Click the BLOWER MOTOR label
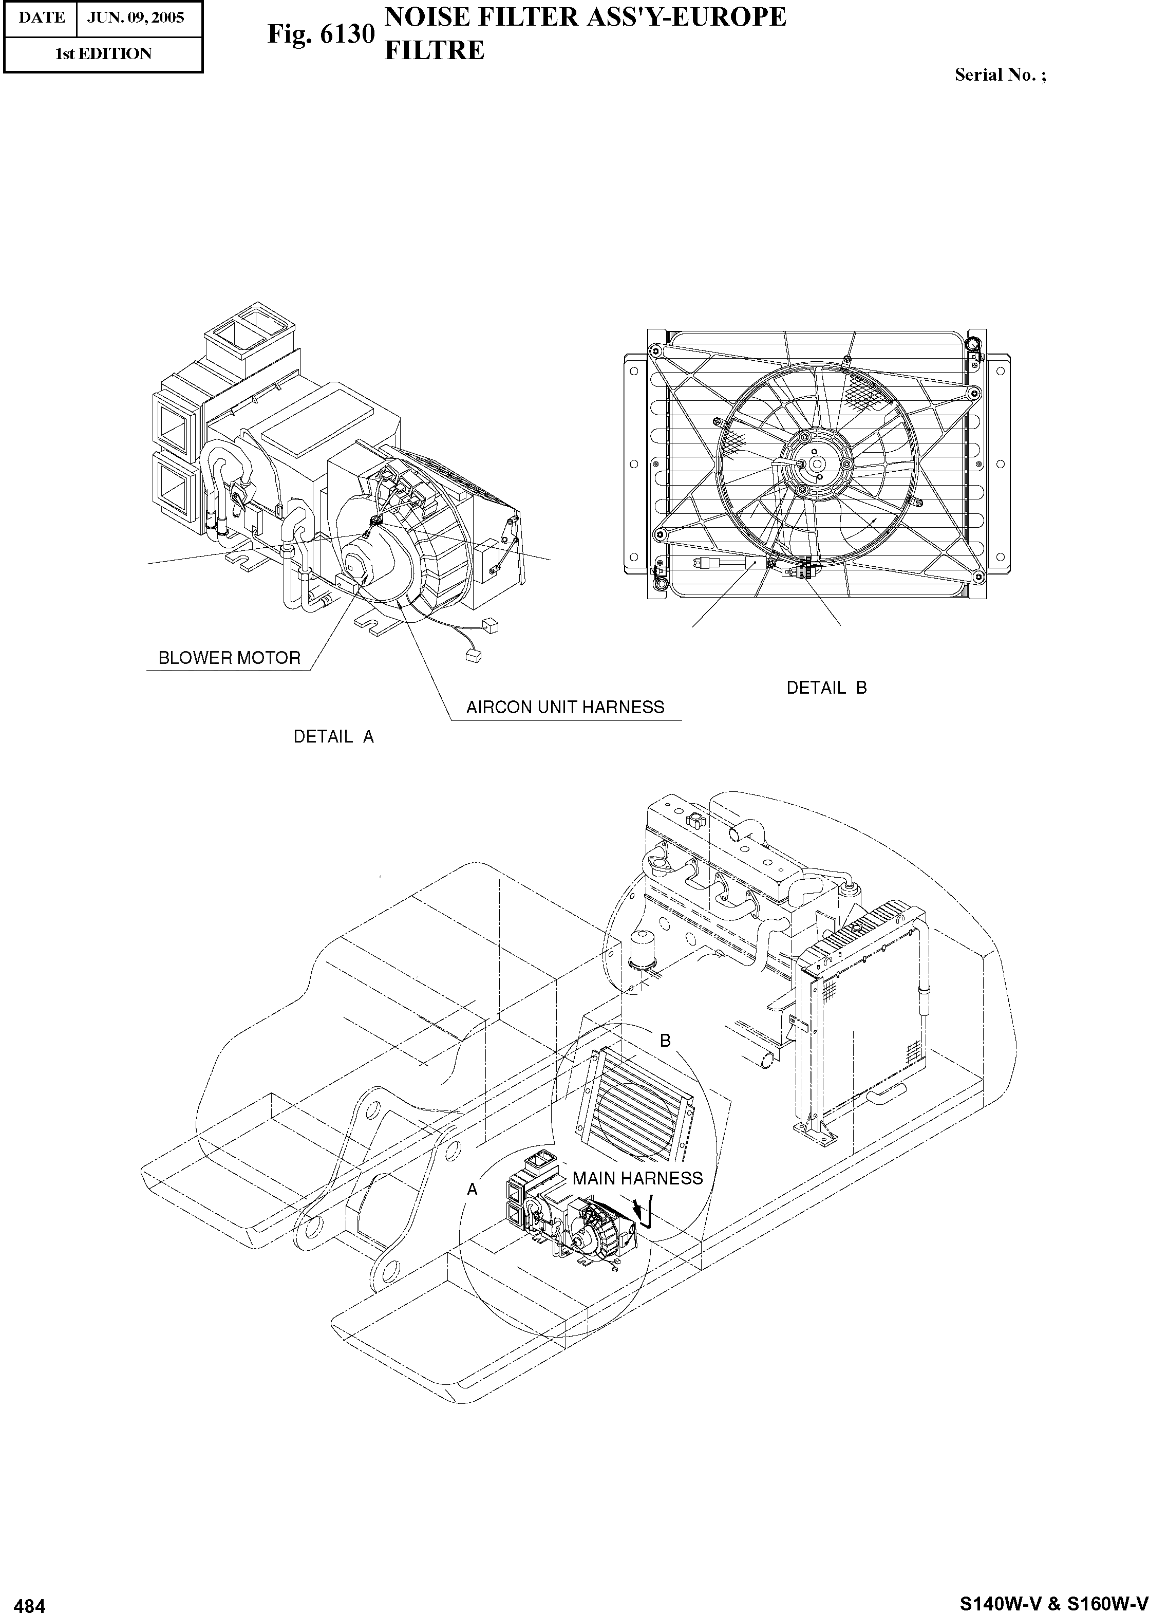coord(229,658)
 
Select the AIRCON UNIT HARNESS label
coord(564,708)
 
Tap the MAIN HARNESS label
coord(637,1178)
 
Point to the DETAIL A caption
coord(333,737)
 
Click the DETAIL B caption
coord(826,688)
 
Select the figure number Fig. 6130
coord(320,33)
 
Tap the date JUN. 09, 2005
coord(135,17)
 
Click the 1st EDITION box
coord(103,54)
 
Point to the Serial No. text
coord(1000,75)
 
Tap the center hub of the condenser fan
coord(817,463)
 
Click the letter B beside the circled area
coord(665,1041)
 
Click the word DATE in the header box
coord(41,17)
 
